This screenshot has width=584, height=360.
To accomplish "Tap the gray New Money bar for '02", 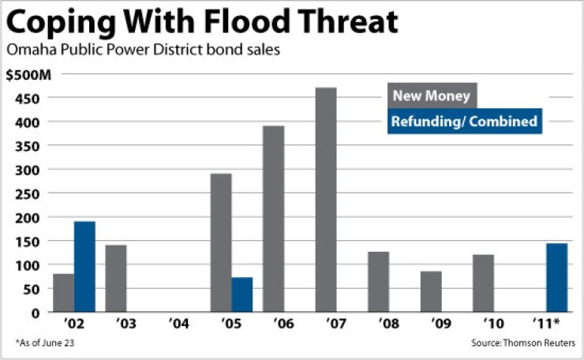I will (x=64, y=293).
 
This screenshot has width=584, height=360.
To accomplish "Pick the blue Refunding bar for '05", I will (x=241, y=294).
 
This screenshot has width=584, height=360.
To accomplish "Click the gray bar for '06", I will (x=273, y=219).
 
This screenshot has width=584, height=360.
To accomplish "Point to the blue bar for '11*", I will (x=556, y=277).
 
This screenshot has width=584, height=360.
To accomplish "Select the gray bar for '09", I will (x=431, y=291).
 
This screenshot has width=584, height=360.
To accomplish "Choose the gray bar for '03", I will (x=116, y=278).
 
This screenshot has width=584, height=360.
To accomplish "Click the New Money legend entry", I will (x=432, y=96).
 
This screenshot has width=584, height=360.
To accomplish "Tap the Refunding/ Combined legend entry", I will (x=465, y=121).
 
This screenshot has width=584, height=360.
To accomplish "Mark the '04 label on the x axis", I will (x=179, y=324).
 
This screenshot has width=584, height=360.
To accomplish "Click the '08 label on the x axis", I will (x=388, y=324).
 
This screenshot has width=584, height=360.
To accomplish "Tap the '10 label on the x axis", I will (x=493, y=324).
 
